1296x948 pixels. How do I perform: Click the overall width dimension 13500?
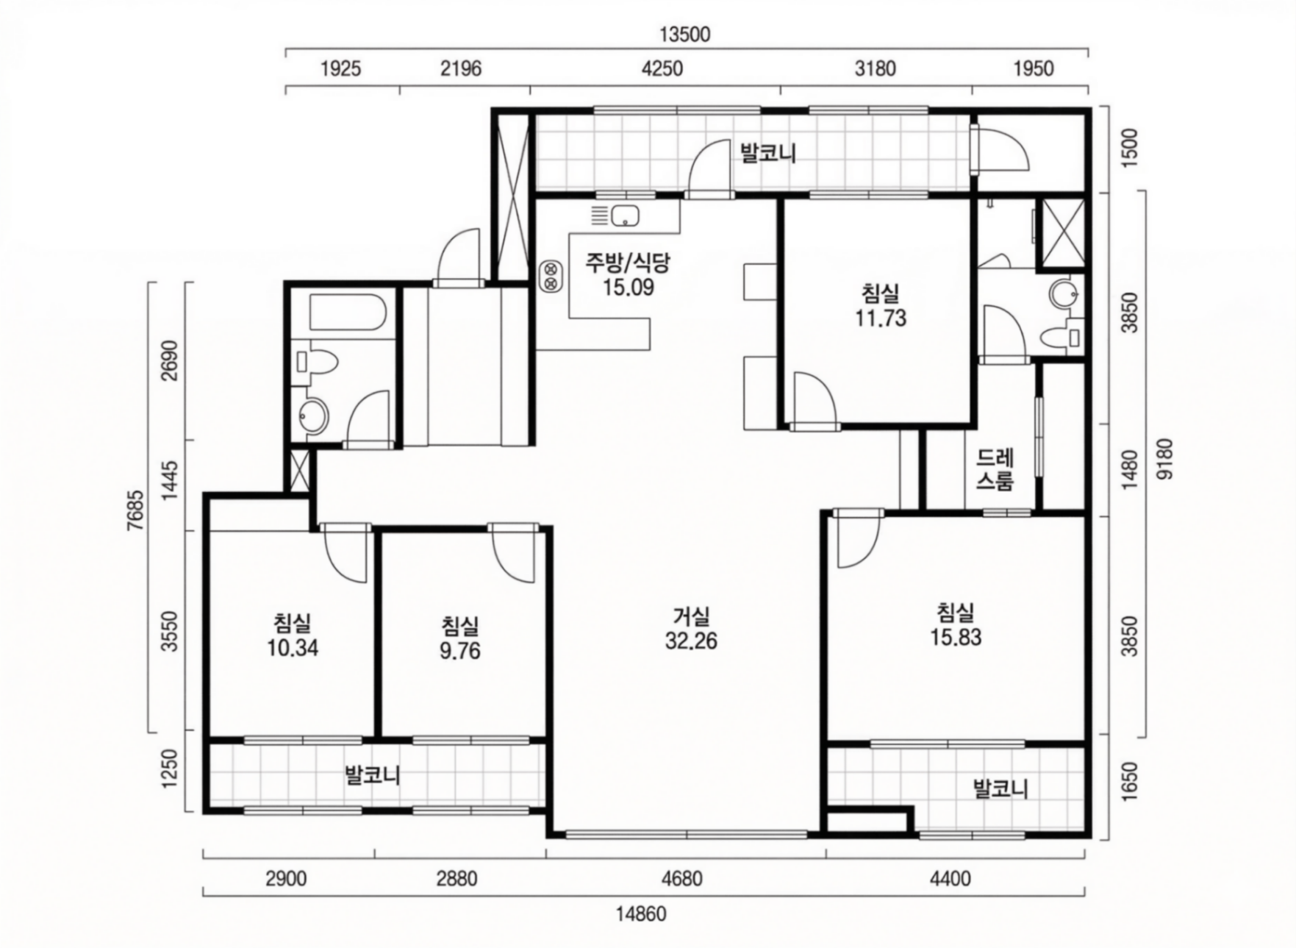[x=684, y=35]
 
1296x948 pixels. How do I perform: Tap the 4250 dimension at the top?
[x=662, y=68]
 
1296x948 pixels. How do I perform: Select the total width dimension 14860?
[x=641, y=914]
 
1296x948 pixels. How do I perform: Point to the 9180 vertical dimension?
[x=1165, y=459]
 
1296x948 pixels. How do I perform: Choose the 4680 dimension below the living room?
[x=681, y=878]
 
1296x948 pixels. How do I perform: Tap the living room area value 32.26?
[x=691, y=641]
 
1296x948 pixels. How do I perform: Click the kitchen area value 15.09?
[x=628, y=287]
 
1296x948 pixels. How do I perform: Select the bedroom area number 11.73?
[x=881, y=318]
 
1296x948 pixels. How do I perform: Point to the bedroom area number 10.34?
[x=293, y=648]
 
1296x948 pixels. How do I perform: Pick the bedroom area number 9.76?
[x=460, y=651]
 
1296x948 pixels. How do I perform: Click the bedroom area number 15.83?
[x=956, y=637]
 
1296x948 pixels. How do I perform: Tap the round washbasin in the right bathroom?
[x=1063, y=294]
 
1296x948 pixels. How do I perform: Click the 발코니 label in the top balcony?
[x=769, y=153]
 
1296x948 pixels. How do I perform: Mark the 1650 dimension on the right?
[x=1130, y=782]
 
